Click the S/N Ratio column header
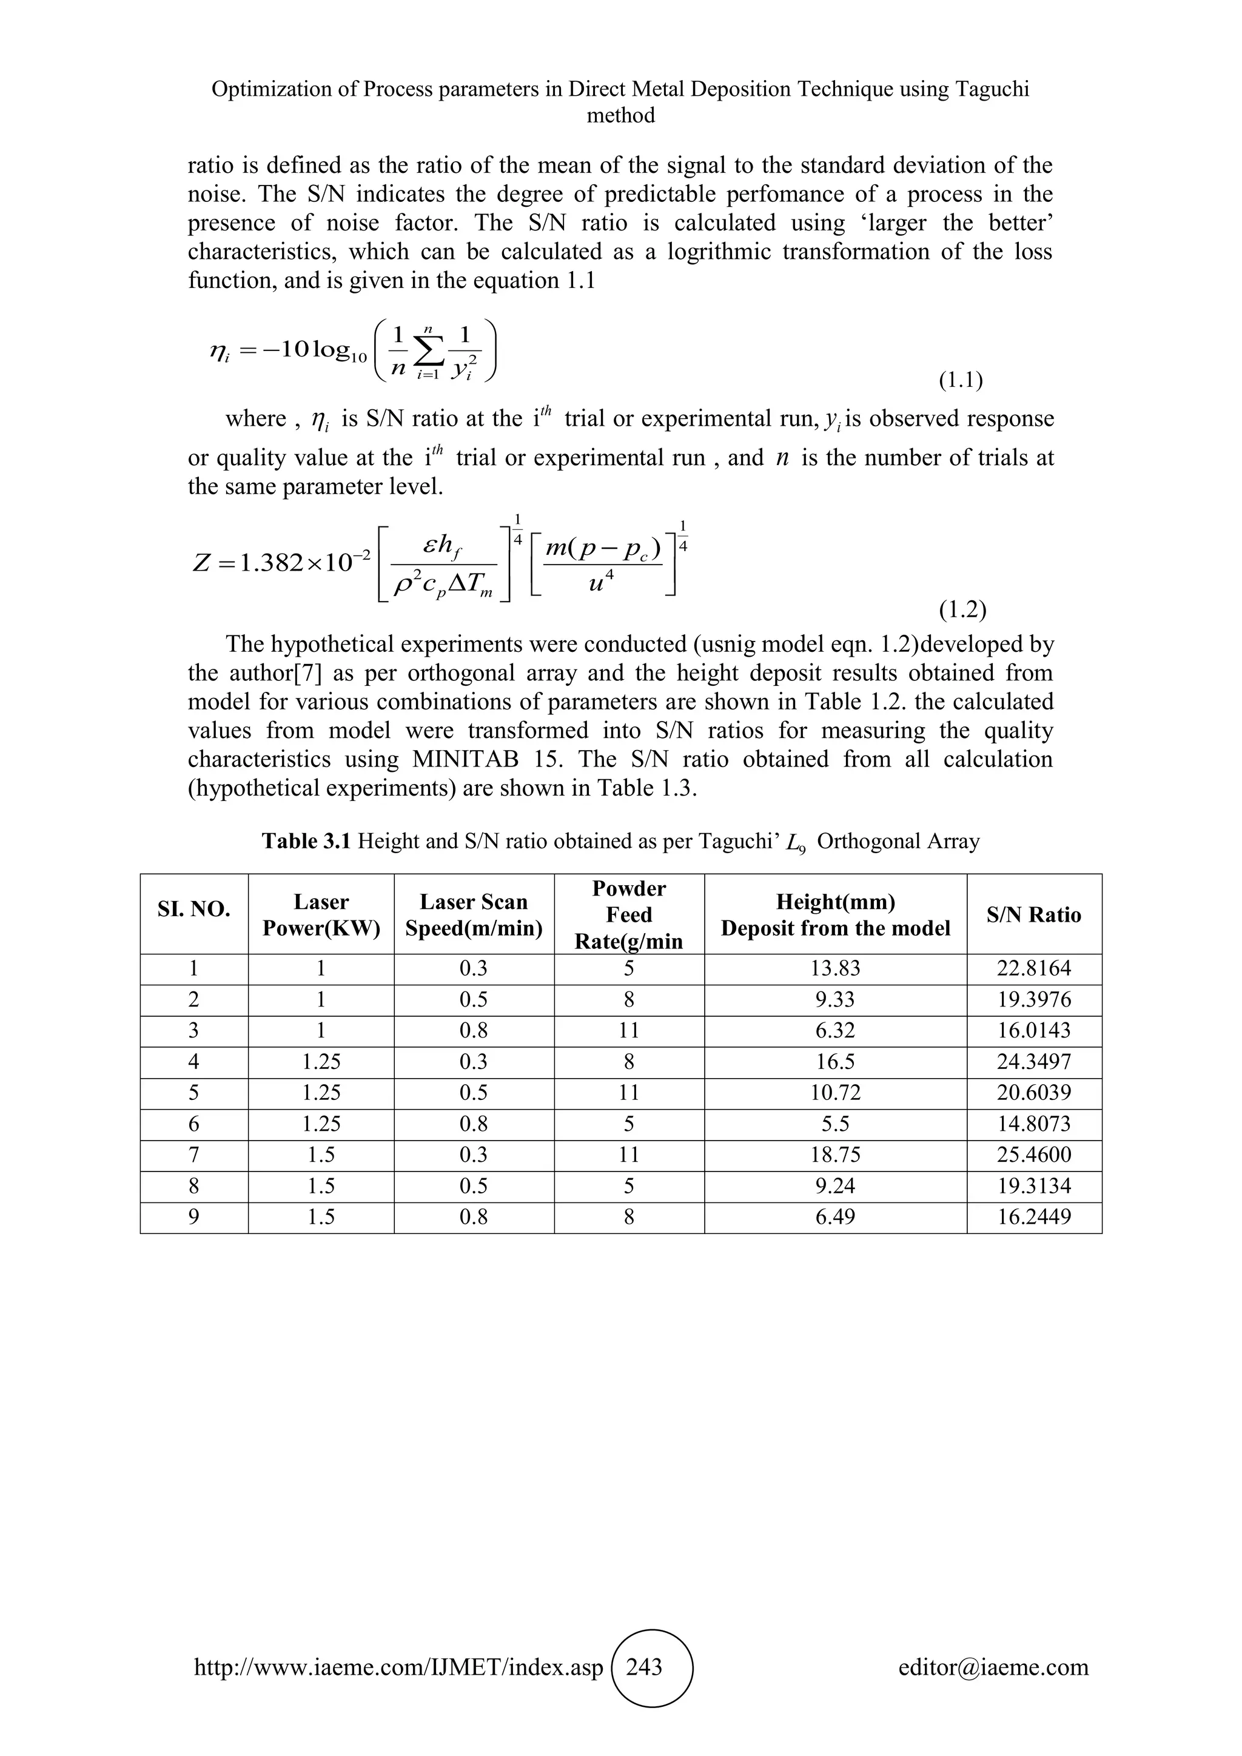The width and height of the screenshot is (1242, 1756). (x=1033, y=915)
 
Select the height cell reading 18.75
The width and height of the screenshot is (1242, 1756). (x=835, y=1155)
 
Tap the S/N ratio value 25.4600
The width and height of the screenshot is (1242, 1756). (x=1033, y=1155)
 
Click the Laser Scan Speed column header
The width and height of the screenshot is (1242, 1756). (x=474, y=915)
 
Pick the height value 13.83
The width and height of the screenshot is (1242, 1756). (x=835, y=968)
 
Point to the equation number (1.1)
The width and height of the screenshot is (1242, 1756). (x=961, y=380)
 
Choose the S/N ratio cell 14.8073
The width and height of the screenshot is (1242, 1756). (x=1033, y=1124)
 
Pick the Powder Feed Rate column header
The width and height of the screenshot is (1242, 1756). (x=629, y=915)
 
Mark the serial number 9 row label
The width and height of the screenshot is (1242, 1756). (x=193, y=1217)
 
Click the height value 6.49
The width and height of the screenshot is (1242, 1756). (x=835, y=1217)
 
